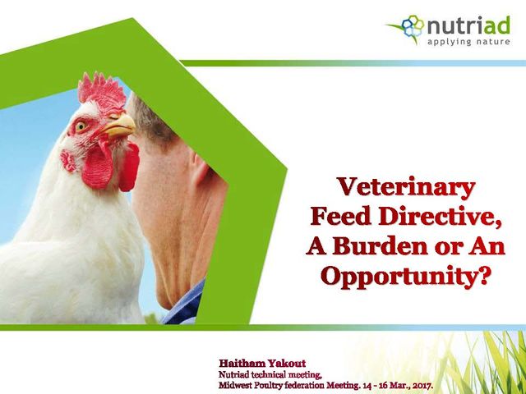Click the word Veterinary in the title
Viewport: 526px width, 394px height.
coord(406,187)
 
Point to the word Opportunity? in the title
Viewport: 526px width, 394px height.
coord(405,276)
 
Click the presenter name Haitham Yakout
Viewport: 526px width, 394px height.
coord(262,364)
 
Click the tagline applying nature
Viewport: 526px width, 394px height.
coord(468,42)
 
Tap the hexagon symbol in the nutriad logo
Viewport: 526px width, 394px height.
coord(413,25)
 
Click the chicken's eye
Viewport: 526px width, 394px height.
coord(81,126)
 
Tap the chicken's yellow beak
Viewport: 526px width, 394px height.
coord(119,126)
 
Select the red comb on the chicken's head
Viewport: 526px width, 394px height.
coord(101,89)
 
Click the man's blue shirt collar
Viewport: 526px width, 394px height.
coord(185,303)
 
